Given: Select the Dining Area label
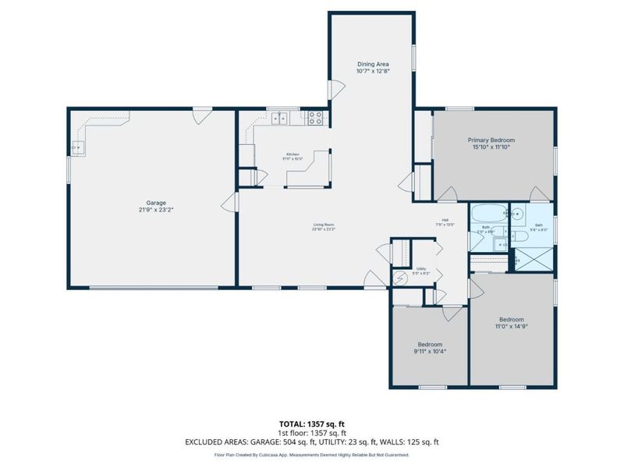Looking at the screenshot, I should pyautogui.click(x=373, y=63).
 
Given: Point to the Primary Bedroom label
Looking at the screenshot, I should pyautogui.click(x=491, y=140).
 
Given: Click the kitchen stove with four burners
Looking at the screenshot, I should pyautogui.click(x=315, y=119).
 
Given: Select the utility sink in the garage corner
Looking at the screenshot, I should pyautogui.click(x=77, y=146).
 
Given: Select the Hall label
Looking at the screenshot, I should pyautogui.click(x=445, y=220).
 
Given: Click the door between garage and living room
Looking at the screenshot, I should pyautogui.click(x=229, y=204).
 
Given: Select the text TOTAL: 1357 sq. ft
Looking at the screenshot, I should pyautogui.click(x=312, y=424).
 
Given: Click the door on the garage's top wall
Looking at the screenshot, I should pyautogui.click(x=201, y=116).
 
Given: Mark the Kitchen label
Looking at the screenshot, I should pyautogui.click(x=292, y=155).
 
